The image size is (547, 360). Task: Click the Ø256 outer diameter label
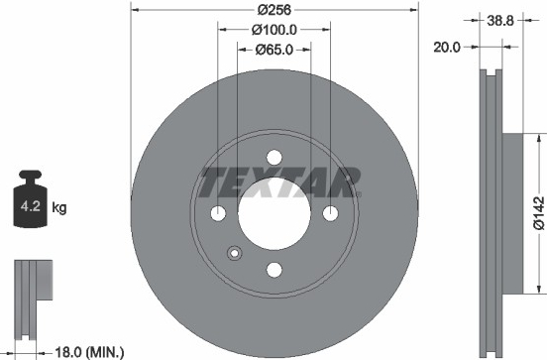274,10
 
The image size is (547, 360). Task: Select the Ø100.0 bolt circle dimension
274,30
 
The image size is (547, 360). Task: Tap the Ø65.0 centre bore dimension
274,50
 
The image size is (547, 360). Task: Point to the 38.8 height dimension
500,21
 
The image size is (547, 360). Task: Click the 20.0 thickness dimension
447,47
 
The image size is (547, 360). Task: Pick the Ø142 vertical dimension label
539,213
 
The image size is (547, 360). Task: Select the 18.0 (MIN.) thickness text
89,352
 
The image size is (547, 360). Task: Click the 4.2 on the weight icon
31,206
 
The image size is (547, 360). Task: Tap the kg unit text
58,207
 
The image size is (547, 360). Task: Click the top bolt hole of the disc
274,157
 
